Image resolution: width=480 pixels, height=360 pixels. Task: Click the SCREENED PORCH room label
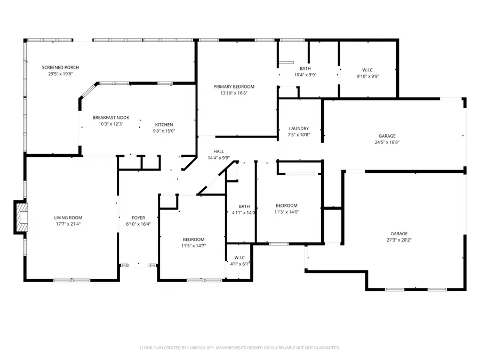pos(61,67)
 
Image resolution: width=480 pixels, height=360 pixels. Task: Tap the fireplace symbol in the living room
pos(20,218)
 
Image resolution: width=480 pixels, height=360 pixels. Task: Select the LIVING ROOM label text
pos(68,218)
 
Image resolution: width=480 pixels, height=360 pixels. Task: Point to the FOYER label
pos(139,218)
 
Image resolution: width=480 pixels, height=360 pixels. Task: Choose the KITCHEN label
pos(164,125)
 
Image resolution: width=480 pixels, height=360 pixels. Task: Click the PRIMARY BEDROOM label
pos(234,86)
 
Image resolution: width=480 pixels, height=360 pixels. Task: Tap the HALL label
pos(219,151)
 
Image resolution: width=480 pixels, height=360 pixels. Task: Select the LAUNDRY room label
pos(299,129)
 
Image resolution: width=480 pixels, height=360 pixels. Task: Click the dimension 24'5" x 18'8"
pos(387,142)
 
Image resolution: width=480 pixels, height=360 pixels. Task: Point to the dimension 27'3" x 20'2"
pos(399,240)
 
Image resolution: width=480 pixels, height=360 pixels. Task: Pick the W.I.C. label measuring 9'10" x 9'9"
pos(368,70)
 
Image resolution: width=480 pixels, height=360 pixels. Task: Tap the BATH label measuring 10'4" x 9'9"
pos(305,68)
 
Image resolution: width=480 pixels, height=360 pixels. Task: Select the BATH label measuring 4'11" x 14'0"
pos(244,206)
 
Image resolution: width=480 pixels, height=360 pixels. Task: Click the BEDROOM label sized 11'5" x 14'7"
pos(193,239)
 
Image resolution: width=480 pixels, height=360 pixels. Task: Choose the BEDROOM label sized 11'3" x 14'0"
pos(286,205)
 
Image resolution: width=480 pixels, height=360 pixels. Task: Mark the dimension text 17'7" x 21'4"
pos(68,224)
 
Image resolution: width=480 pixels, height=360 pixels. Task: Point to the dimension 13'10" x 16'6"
pos(234,93)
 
